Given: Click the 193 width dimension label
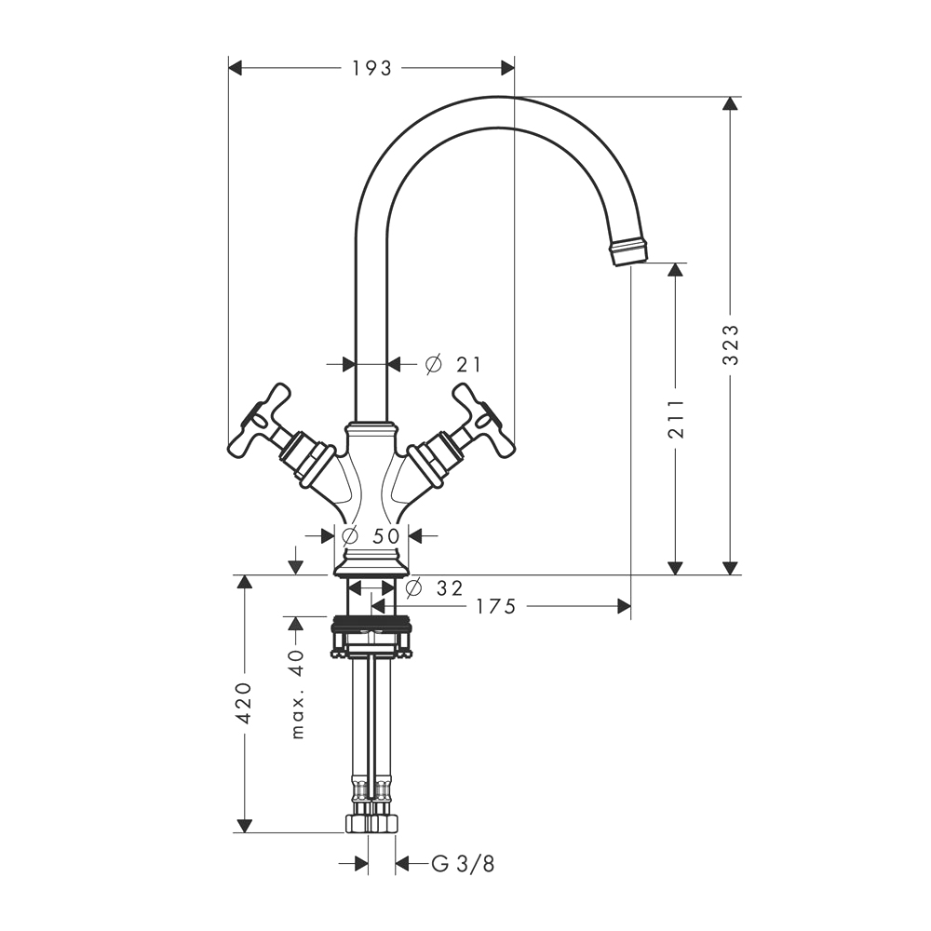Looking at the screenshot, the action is [372, 69].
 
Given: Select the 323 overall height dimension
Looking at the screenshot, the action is [731, 345].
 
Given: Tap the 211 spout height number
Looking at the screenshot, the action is [676, 419].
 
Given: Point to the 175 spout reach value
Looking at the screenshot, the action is [496, 607].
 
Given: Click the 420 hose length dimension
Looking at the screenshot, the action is [244, 703].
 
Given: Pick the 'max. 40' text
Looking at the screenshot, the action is [298, 695].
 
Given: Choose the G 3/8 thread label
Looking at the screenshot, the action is [463, 864].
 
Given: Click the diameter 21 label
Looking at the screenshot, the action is [453, 364].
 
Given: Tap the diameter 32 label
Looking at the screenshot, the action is [434, 587].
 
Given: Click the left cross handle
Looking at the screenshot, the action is [260, 422].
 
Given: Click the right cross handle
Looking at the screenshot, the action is [482, 422].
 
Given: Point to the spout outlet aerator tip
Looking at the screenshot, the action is [628, 251].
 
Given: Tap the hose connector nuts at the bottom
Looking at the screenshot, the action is [371, 823].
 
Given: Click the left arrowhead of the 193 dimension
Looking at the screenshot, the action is [236, 68].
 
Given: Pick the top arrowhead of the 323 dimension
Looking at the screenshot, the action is [731, 103].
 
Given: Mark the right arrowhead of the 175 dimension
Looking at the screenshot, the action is [624, 607].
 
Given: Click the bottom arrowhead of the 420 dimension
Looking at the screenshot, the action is [244, 825].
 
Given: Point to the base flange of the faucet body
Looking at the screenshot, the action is [371, 564].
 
